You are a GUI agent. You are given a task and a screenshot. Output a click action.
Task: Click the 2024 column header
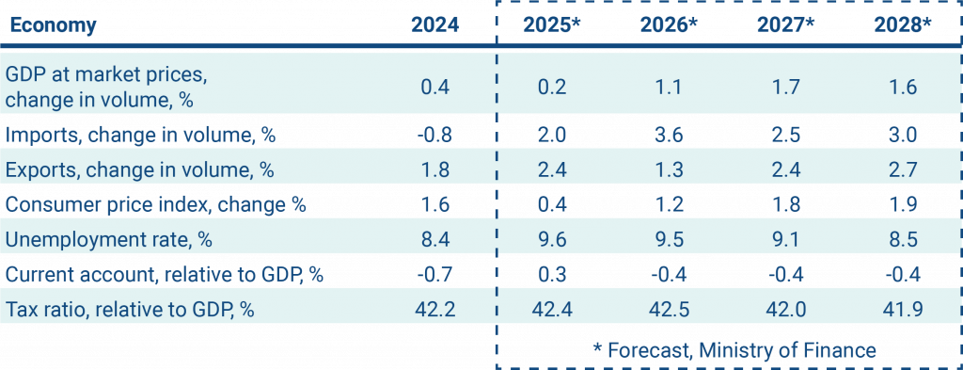(434, 25)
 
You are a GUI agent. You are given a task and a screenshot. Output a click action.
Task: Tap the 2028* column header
(901, 25)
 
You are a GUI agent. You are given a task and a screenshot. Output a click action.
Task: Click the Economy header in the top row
(53, 25)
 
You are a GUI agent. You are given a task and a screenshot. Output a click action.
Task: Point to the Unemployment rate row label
(110, 239)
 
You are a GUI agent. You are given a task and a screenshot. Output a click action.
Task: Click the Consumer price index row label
(157, 204)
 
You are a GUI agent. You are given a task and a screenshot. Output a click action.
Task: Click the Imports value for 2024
(434, 135)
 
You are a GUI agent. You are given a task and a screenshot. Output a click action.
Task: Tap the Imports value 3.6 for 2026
(670, 135)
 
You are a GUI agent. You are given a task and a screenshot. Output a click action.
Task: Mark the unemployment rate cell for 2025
(554, 239)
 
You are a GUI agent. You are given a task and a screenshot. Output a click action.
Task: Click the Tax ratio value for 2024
(434, 309)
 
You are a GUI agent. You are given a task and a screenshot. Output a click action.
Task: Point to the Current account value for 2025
(554, 274)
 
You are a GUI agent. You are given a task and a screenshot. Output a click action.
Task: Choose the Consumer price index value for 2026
(670, 204)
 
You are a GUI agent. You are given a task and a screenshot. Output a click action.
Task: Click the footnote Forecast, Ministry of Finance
(734, 349)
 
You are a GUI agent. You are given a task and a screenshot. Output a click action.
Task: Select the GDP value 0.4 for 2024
(434, 86)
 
